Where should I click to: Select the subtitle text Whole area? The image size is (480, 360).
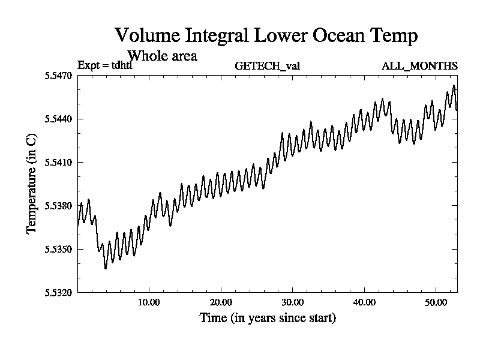tap(163, 56)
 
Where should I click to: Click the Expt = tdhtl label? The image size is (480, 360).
tap(104, 66)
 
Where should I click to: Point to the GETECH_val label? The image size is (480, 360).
tap(267, 66)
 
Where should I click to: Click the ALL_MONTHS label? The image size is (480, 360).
tap(419, 66)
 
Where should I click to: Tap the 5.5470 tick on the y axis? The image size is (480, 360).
tap(59, 76)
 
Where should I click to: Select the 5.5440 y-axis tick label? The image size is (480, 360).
tap(59, 119)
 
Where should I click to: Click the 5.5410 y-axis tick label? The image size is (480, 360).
tap(59, 163)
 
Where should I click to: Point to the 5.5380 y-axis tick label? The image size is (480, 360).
tap(59, 206)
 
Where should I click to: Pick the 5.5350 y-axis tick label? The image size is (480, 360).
tap(59, 249)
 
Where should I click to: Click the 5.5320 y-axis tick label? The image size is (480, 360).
tap(59, 293)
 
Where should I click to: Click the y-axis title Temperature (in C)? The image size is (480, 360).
tap(32, 184)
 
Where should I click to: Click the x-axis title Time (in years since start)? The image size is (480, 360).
tap(268, 318)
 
